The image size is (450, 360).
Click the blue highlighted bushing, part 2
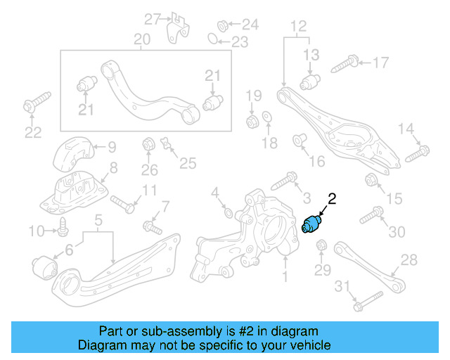(311, 224)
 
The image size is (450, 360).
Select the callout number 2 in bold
(332, 200)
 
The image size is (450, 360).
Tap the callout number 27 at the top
(153, 18)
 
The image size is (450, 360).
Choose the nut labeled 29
(322, 246)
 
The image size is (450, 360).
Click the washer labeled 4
(227, 210)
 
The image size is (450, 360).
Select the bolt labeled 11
(123, 204)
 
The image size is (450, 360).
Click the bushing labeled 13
(311, 83)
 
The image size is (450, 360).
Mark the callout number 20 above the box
(142, 41)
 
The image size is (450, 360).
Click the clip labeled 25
(167, 145)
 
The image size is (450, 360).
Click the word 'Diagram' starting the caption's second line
(101, 345)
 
